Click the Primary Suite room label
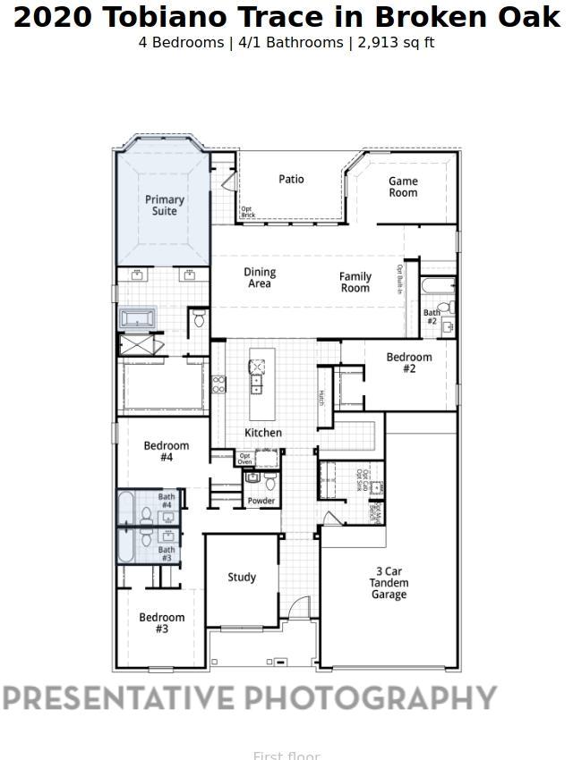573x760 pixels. click(x=165, y=206)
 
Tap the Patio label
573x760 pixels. click(x=291, y=179)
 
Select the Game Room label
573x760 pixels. click(x=403, y=187)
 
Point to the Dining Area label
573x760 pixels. click(x=260, y=278)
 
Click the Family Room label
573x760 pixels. click(x=355, y=283)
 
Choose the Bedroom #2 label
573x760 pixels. click(x=409, y=362)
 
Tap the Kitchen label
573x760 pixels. click(x=263, y=433)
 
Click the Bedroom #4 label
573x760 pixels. click(x=167, y=452)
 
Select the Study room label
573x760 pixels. click(x=242, y=578)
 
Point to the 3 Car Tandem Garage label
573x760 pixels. click(x=389, y=583)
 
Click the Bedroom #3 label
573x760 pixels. click(x=162, y=623)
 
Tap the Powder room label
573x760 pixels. click(x=261, y=501)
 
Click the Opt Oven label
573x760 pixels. click(x=244, y=459)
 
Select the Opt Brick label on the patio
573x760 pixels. click(x=248, y=213)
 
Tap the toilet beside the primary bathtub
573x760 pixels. click(x=199, y=318)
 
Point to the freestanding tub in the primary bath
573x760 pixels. click(x=138, y=318)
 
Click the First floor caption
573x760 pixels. click(x=286, y=756)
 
